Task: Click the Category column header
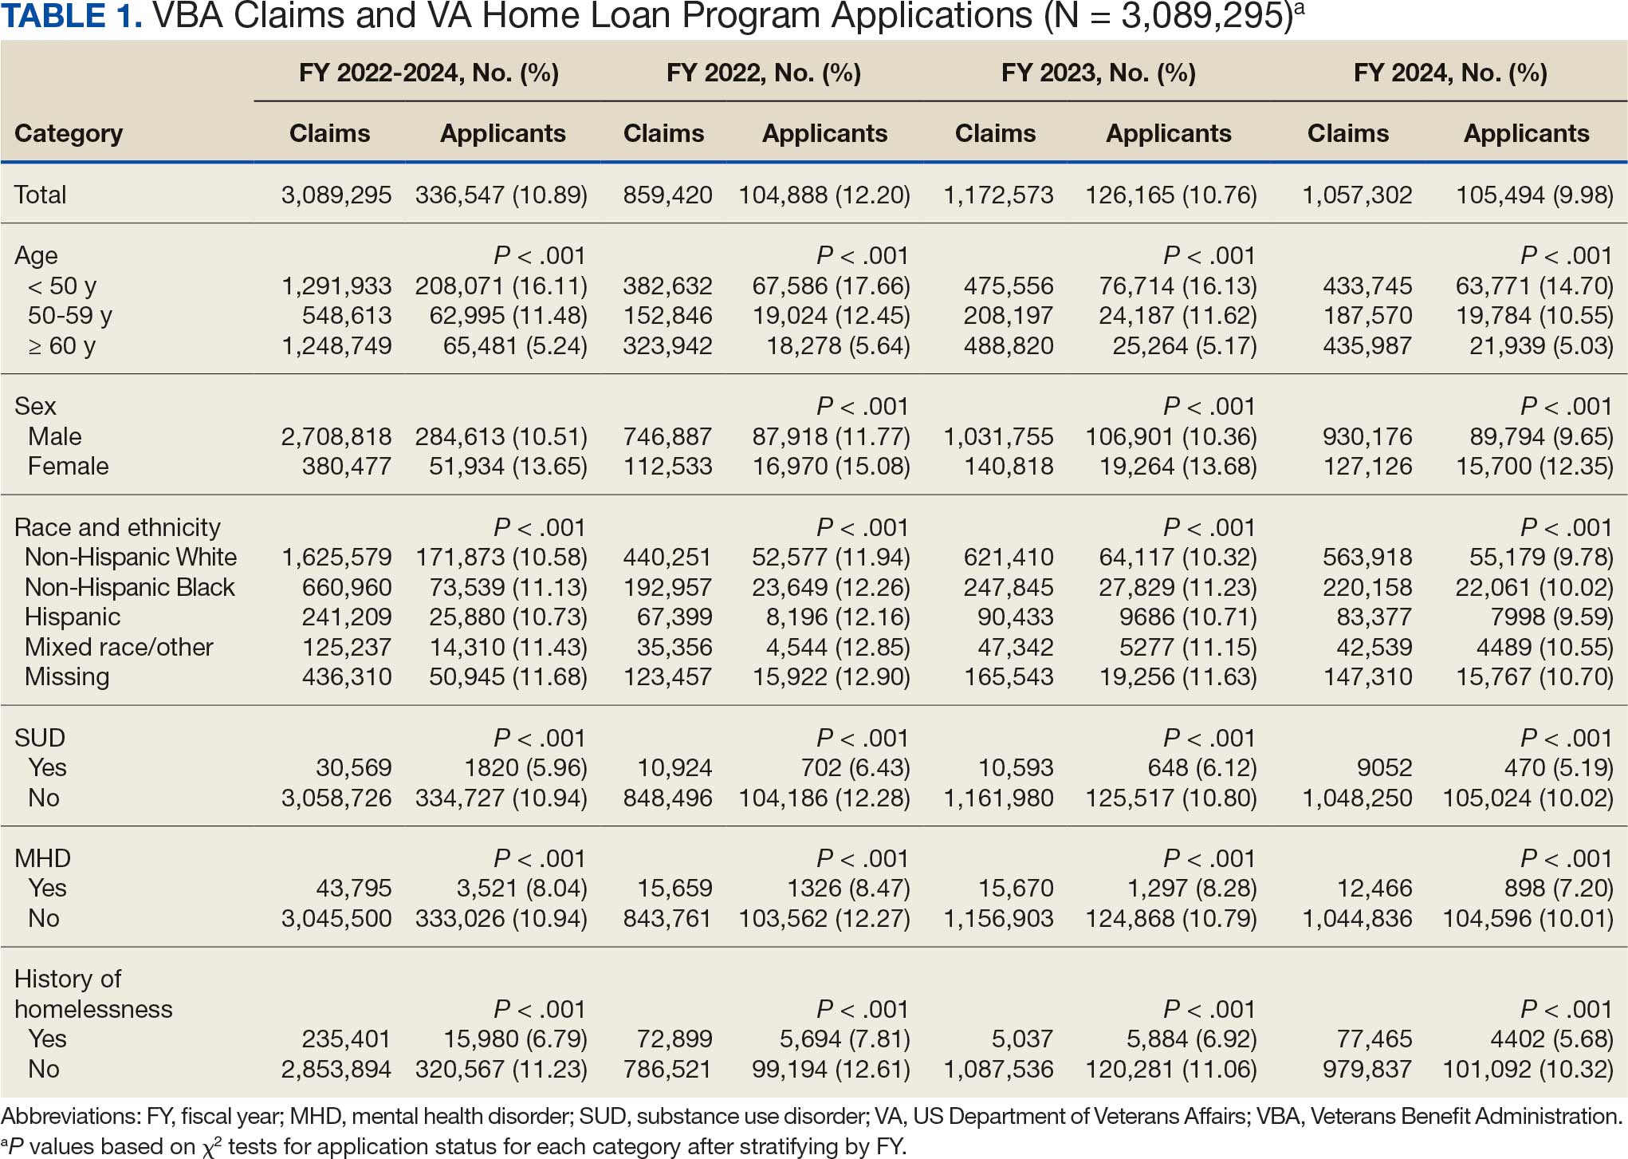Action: (69, 133)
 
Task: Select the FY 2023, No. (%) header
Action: (1098, 73)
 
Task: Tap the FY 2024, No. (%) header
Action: (1450, 73)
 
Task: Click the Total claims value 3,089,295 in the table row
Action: (336, 195)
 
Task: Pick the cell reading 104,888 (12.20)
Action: (824, 195)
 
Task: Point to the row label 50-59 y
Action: (70, 316)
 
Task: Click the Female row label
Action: (69, 466)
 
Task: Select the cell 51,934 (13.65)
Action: (508, 466)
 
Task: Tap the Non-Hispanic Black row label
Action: (130, 587)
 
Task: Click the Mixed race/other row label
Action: (119, 647)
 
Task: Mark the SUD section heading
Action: (40, 738)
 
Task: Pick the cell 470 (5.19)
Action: (1569, 767)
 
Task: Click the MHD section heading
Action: (43, 858)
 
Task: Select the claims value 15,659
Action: (674, 888)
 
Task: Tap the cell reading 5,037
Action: (1023, 1039)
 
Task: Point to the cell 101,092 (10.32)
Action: (1528, 1069)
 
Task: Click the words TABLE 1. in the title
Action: (72, 16)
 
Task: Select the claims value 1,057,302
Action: (1357, 195)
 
